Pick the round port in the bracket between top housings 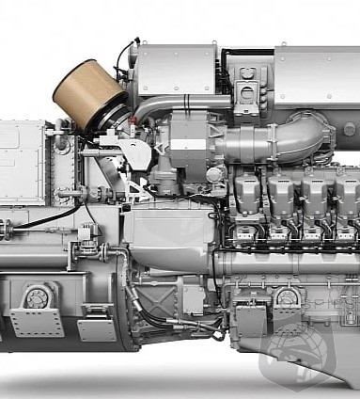click(x=248, y=94)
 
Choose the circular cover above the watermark click(x=288, y=299)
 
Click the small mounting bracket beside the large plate click(x=96, y=328)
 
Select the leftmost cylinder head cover click(x=247, y=193)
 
